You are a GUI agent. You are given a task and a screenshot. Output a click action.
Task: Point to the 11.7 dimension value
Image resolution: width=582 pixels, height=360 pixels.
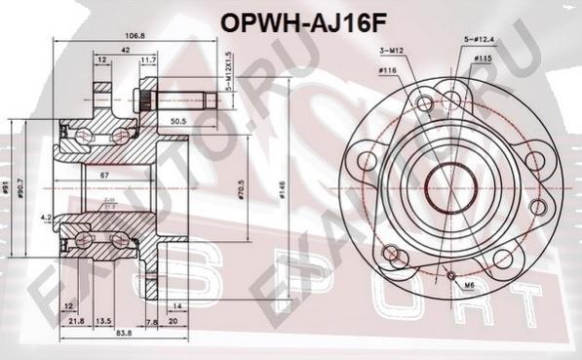(x=148, y=60)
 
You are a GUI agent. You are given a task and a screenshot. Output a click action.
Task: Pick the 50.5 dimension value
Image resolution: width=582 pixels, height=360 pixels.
(x=178, y=121)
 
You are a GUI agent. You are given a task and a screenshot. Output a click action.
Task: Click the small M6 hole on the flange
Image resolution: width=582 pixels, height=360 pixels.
(x=451, y=274)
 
